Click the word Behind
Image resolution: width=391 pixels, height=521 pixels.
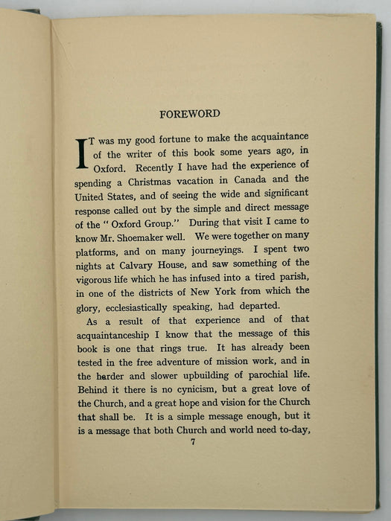click(x=95, y=386)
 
